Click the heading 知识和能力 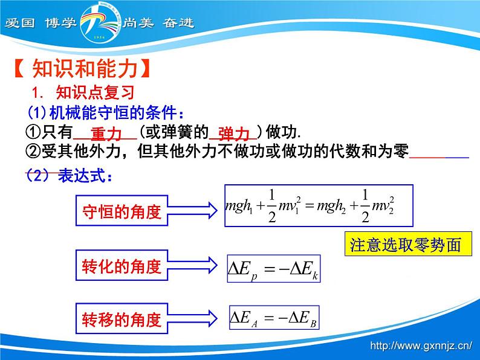[x=80, y=69]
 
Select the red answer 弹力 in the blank [x=233, y=134]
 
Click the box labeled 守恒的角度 [x=122, y=212]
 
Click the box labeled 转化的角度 [x=122, y=266]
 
